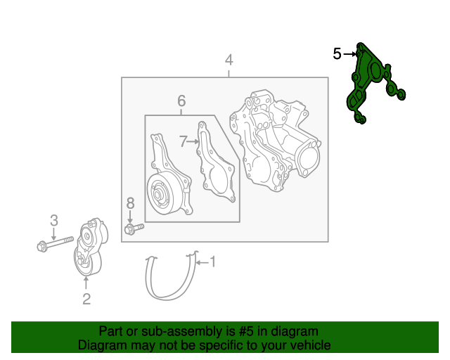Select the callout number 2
(x=86, y=300)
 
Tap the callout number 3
(x=53, y=221)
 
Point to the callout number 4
(x=229, y=60)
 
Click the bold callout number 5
(x=337, y=53)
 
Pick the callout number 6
(x=181, y=100)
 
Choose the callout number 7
(x=183, y=141)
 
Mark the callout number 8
(x=130, y=203)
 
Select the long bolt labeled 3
(x=55, y=245)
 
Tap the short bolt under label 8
(x=133, y=228)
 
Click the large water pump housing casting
(x=278, y=141)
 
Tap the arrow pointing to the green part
(x=349, y=53)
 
